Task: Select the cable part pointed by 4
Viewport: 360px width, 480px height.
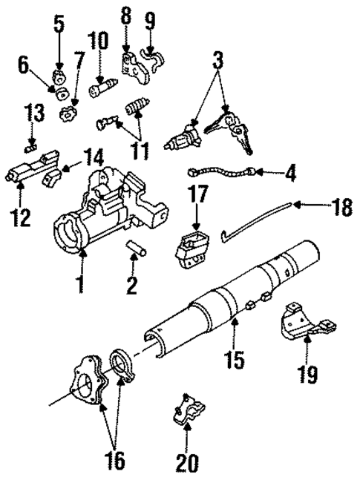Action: tap(223, 174)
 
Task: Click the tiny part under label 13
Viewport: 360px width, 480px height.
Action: tap(30, 145)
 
